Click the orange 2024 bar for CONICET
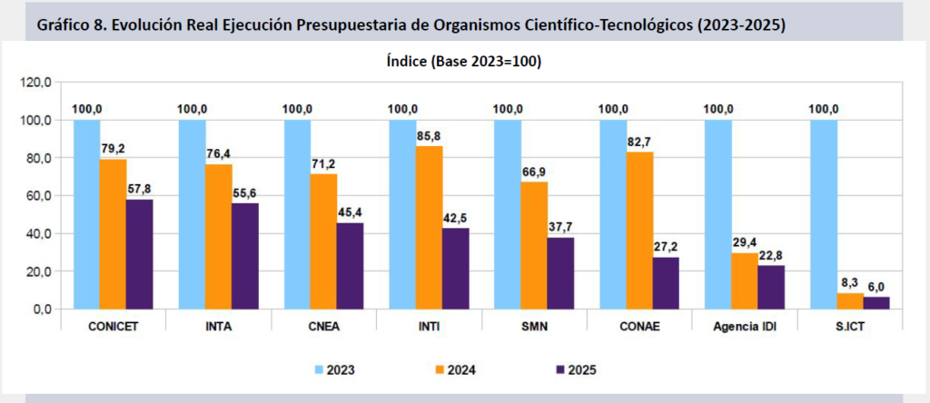tap(113, 234)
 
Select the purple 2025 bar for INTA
tap(244, 256)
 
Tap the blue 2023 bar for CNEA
tap(298, 214)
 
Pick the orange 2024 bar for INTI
tap(429, 228)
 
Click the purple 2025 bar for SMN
tap(560, 273)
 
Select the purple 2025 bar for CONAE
tap(666, 283)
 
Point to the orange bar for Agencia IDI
tap(745, 281)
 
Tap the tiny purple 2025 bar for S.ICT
tap(876, 303)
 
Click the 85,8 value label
tap(430, 135)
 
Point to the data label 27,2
tap(667, 246)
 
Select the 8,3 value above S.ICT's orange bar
tap(850, 283)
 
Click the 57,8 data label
tap(139, 189)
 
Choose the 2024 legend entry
tap(452, 369)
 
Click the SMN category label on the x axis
tap(535, 327)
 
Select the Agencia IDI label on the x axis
tap(746, 327)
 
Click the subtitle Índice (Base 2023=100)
tap(465, 61)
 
